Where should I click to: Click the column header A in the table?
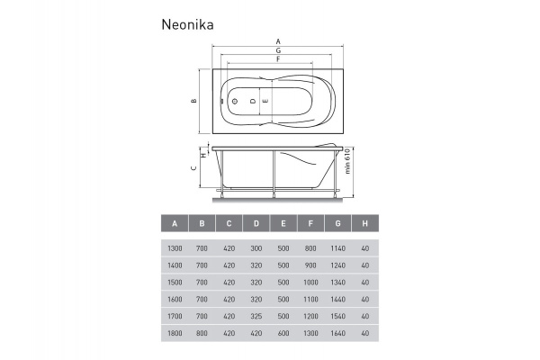click(x=175, y=223)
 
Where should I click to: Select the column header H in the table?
click(x=364, y=223)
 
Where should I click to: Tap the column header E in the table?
click(x=283, y=223)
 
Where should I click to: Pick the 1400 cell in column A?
click(x=175, y=265)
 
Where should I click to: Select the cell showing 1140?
click(x=337, y=247)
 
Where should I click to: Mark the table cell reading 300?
click(x=256, y=247)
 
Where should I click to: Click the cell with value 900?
click(x=310, y=265)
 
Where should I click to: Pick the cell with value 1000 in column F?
click(x=310, y=282)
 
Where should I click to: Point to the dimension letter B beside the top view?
click(x=193, y=101)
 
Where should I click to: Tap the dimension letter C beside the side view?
click(x=193, y=167)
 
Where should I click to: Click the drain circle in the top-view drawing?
click(x=234, y=101)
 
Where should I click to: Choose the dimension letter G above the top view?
click(x=278, y=51)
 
